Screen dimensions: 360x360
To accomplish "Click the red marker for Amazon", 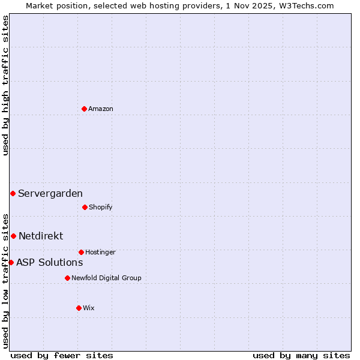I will [x=84, y=109].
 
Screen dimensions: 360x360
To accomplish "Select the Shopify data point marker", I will [x=85, y=207].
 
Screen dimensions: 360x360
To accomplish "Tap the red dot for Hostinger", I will [x=81, y=252].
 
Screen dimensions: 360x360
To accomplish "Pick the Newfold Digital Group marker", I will [x=67, y=278].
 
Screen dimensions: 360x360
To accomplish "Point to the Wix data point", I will [x=79, y=308].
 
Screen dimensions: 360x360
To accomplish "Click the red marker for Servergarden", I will [x=13, y=193].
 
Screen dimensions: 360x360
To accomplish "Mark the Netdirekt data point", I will [x=13, y=236].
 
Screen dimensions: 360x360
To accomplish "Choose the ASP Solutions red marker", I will [x=11, y=262].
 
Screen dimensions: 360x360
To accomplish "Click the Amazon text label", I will [x=101, y=109].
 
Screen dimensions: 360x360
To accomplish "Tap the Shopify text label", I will [x=101, y=207].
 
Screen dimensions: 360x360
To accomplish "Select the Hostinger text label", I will [x=100, y=252].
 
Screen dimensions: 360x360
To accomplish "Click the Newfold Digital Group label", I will [x=106, y=278].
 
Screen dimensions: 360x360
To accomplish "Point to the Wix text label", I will [x=89, y=308].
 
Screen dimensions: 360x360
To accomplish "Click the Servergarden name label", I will [x=50, y=193].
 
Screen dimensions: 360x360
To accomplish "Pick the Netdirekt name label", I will [x=41, y=236].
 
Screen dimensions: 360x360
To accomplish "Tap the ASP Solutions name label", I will [x=49, y=262].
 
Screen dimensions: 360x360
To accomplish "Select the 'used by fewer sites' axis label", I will [x=62, y=355].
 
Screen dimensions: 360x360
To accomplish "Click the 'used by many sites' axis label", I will [x=301, y=355].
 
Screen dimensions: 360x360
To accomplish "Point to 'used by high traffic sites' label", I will [x=5, y=85].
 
